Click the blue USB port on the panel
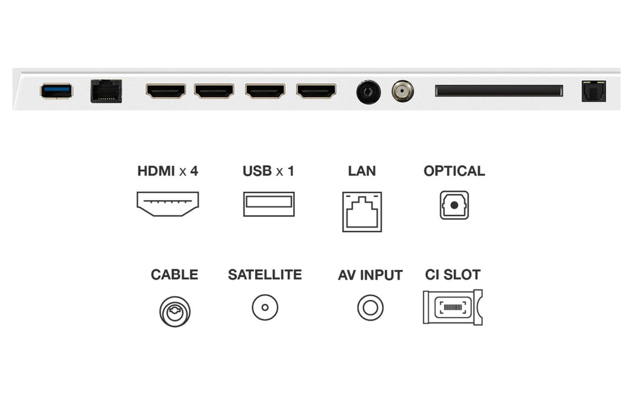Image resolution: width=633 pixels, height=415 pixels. pyautogui.click(x=56, y=91)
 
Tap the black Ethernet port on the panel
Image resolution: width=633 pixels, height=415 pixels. pyautogui.click(x=106, y=91)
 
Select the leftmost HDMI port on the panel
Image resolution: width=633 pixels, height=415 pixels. pyautogui.click(x=166, y=91)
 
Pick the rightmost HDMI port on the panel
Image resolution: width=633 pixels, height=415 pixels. pyautogui.click(x=316, y=91)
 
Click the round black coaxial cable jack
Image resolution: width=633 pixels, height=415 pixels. pyautogui.click(x=368, y=92)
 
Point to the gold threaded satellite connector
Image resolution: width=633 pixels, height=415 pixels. pyautogui.click(x=402, y=91)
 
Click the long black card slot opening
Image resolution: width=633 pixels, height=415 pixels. pyautogui.click(x=499, y=90)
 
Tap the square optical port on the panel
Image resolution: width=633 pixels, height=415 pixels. pyautogui.click(x=593, y=91)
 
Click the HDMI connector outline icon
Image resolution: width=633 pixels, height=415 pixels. pyautogui.click(x=167, y=204)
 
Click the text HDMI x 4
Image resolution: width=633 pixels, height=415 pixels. pyautogui.click(x=167, y=171)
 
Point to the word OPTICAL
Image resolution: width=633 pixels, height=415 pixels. pyautogui.click(x=454, y=171)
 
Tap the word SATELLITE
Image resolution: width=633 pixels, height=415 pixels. pyautogui.click(x=265, y=274)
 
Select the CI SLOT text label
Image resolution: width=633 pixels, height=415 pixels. pyautogui.click(x=453, y=274)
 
